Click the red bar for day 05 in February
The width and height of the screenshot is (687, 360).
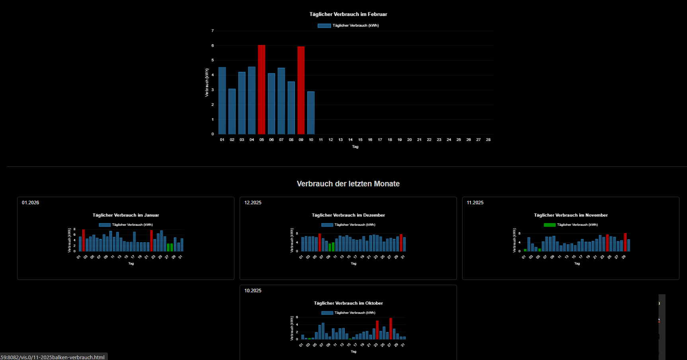[x=262, y=90]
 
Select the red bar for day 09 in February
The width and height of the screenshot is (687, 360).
[x=301, y=90]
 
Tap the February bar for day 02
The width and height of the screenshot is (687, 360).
[x=232, y=112]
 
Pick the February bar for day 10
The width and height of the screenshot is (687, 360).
[x=311, y=113]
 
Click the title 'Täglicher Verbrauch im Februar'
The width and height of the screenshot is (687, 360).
[x=348, y=14]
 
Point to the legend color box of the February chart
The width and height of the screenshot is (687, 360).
[x=324, y=25]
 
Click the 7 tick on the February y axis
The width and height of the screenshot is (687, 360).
[x=213, y=31]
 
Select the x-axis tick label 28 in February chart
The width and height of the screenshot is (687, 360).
[x=488, y=140]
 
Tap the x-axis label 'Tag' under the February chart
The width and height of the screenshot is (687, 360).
[x=355, y=147]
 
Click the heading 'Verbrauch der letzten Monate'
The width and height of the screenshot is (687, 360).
[x=348, y=184]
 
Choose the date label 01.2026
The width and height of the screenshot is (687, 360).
[x=31, y=203]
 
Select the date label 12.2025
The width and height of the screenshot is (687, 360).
[x=253, y=203]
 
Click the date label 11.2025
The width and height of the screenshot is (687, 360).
[x=475, y=203]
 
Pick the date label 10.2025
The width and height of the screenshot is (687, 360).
[x=253, y=291]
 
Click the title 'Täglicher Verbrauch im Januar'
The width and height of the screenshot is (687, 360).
[x=126, y=215]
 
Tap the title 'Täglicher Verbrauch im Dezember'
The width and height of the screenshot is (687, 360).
[x=348, y=215]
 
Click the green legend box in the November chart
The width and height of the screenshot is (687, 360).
[x=550, y=225]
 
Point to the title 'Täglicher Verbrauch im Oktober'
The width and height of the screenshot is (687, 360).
[x=348, y=303]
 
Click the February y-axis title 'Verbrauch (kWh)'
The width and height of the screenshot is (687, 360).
[x=207, y=82]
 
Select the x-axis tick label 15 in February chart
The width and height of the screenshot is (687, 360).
[x=360, y=140]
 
